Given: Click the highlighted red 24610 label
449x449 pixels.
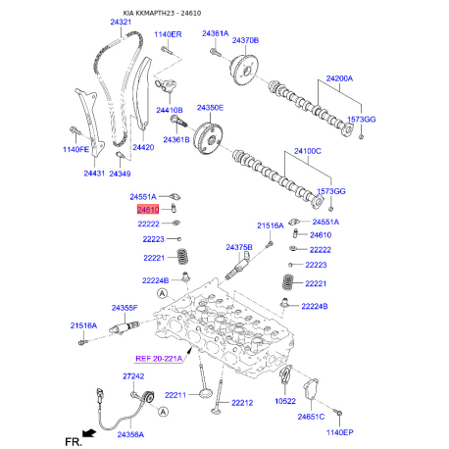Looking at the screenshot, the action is [148, 210].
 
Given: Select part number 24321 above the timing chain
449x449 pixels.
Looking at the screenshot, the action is [121, 22].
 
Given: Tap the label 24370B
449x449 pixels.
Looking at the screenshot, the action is [245, 40].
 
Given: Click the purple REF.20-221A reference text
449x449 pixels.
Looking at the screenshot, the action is [159, 359].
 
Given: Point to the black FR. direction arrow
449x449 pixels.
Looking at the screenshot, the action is [89, 433].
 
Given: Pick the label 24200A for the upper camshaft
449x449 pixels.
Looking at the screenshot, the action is [339, 78].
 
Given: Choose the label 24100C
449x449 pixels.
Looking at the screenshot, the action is [308, 151].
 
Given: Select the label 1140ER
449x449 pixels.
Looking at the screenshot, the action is [168, 34].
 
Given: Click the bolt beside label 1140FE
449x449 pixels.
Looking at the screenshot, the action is [75, 130].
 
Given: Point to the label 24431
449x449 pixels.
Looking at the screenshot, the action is [94, 174].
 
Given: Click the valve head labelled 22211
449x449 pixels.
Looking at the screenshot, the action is [206, 393].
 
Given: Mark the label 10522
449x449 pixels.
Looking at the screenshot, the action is [285, 401].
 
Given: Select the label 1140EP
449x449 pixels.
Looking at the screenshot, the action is [340, 432].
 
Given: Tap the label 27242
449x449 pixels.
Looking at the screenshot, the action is [133, 376].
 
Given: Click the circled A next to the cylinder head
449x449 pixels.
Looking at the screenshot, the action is [162, 294].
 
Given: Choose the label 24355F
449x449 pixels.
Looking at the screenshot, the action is [125, 308].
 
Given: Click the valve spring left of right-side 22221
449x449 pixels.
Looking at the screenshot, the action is [288, 282].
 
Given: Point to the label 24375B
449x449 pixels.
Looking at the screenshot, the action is [239, 247].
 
